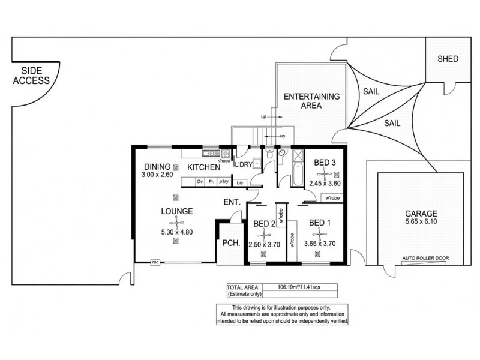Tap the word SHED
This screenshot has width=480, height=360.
pos(448,59)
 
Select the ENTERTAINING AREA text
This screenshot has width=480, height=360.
pos(311,100)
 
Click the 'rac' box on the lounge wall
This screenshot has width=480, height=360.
pos(155,262)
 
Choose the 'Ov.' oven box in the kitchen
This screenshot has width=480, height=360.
pos(200,181)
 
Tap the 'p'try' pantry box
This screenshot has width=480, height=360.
pos(224,181)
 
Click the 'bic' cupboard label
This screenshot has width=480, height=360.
pos(240,182)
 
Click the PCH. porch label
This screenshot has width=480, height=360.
pos(229,244)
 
